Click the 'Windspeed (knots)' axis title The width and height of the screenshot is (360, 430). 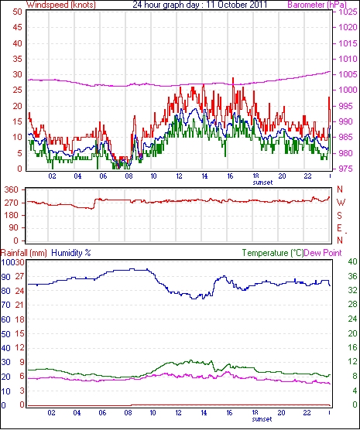(61, 5)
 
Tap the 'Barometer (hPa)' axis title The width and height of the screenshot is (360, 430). (317, 5)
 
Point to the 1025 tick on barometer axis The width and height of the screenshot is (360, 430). (348, 12)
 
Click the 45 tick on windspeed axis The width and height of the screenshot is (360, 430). (18, 27)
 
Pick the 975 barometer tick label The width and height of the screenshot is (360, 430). (345, 169)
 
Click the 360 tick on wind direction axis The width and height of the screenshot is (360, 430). (12, 189)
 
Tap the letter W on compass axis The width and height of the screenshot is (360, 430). (341, 203)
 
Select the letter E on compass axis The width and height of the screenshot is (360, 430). (340, 228)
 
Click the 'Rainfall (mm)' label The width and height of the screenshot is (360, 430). (24, 253)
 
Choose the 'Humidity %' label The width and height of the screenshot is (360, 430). (71, 253)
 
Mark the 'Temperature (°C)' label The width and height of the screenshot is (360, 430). (273, 253)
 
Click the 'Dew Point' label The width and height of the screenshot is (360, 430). (323, 253)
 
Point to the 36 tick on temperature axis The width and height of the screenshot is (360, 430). (352, 276)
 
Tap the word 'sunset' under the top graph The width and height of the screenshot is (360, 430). (262, 183)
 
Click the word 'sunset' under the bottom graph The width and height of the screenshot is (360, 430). (262, 419)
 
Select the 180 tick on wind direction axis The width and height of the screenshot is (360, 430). (12, 215)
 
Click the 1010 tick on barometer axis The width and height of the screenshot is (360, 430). (348, 59)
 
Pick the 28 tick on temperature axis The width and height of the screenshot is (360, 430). (352, 304)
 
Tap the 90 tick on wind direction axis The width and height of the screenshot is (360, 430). (14, 228)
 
